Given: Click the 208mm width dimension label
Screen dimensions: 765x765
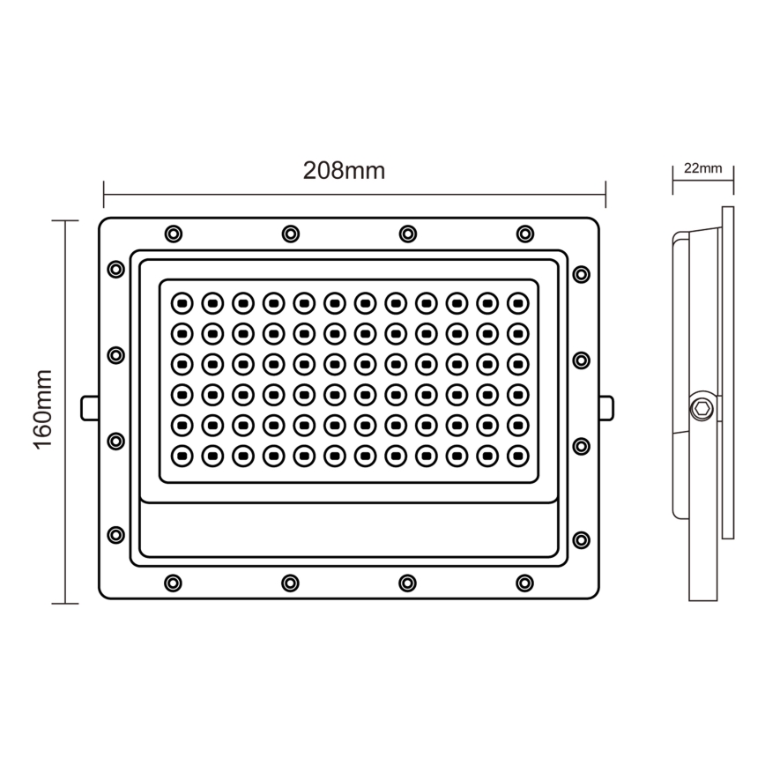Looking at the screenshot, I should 344,171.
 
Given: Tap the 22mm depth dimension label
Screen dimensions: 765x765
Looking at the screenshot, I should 702,167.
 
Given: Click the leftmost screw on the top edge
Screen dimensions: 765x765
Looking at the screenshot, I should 174,234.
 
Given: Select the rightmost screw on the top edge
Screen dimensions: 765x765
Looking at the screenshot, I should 525,234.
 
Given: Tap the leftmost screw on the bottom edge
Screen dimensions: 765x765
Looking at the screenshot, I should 174,583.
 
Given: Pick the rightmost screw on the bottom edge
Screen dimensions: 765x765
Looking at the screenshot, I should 525,583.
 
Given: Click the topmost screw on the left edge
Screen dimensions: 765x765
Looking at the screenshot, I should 115,269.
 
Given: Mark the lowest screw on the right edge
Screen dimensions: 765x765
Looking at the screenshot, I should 581,539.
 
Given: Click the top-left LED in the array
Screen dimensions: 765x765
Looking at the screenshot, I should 181,302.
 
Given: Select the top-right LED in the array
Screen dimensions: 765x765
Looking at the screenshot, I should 518,302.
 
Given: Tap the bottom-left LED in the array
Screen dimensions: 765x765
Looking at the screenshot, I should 181,456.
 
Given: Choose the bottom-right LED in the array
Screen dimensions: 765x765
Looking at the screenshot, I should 518,456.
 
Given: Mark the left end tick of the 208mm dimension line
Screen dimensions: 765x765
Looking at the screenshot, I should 104,189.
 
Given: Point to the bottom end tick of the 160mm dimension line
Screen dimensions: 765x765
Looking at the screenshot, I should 65,604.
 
